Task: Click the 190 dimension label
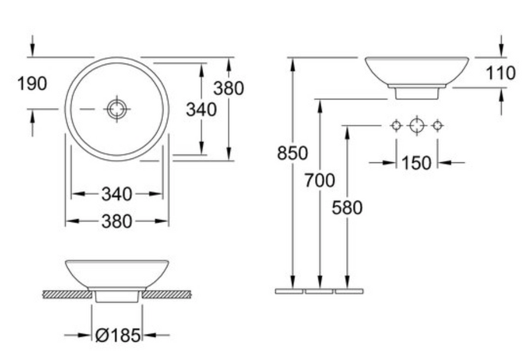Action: point(32,83)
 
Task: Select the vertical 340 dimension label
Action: point(201,109)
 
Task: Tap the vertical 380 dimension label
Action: point(229,88)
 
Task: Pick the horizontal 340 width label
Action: point(117,195)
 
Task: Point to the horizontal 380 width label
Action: point(117,222)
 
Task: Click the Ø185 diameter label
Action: point(118,335)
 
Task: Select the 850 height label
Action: point(292,153)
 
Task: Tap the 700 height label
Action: point(320,180)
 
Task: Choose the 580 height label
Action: point(347,207)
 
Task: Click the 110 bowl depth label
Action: point(500,73)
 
